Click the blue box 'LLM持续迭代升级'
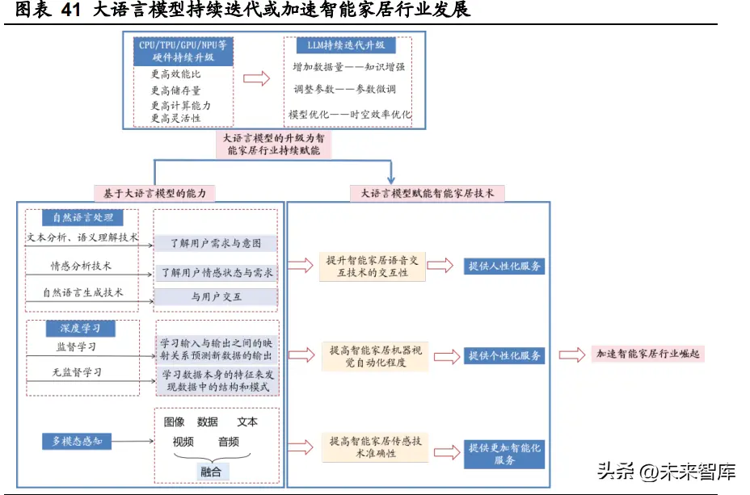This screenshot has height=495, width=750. click(346, 45)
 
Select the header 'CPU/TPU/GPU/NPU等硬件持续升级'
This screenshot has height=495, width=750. click(183, 51)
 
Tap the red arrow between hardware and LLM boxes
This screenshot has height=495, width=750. click(256, 79)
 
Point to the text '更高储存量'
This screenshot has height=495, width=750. click(175, 90)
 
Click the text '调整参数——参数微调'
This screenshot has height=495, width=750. click(344, 89)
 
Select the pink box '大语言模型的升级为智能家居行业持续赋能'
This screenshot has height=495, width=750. click(274, 145)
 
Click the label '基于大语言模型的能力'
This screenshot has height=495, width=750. click(154, 194)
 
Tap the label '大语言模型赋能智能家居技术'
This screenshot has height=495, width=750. click(428, 194)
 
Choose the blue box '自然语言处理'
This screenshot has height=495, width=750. click(82, 218)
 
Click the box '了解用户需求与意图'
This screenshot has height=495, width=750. click(216, 243)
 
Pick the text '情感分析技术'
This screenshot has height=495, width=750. click(81, 266)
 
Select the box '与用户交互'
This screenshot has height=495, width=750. click(217, 296)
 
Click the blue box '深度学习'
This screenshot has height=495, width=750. click(80, 328)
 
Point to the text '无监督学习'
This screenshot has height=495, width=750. click(77, 372)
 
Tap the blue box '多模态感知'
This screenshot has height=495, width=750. click(77, 441)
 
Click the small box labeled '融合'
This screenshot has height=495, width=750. click(211, 472)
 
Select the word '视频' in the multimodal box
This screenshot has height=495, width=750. click(183, 442)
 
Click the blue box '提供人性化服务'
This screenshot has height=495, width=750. click(504, 266)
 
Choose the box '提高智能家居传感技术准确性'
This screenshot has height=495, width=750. click(376, 447)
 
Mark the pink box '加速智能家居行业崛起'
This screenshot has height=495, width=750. click(647, 354)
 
